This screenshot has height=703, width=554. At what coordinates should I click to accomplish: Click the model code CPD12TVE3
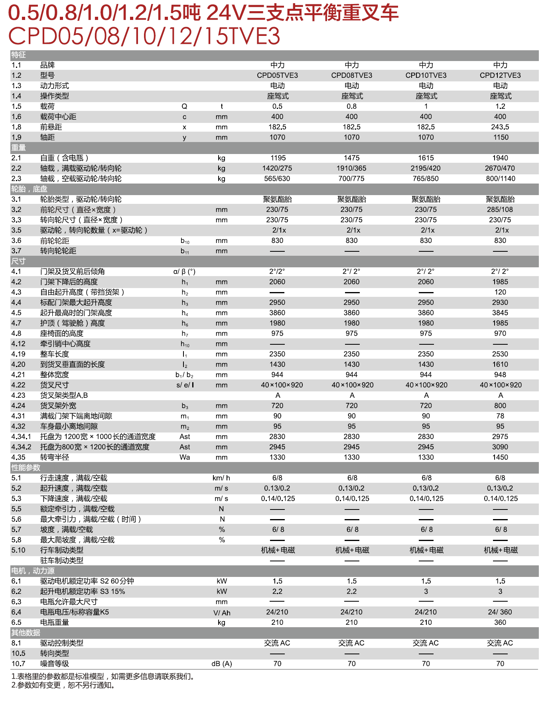(500, 75)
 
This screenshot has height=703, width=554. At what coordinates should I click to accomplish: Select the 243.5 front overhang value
(500, 127)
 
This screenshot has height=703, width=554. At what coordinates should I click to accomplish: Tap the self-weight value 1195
(278, 158)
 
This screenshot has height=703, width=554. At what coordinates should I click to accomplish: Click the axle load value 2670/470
(500, 168)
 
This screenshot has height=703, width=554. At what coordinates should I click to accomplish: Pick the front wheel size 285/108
(500, 209)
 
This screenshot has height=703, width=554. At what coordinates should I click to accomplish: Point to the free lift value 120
(500, 292)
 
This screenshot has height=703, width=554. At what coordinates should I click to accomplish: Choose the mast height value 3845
(500, 313)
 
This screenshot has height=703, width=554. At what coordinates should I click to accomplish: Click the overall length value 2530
(500, 354)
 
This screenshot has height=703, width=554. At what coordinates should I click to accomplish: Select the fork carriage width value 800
(500, 406)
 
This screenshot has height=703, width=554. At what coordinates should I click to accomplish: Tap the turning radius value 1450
(500, 457)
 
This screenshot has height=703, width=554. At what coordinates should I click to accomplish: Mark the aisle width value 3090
(500, 447)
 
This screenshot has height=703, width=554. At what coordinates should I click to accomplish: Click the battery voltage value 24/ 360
(500, 612)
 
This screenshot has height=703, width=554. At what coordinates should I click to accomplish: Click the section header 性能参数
(26, 468)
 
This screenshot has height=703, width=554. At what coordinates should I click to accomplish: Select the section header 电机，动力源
(33, 571)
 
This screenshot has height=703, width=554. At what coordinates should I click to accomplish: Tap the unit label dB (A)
(222, 664)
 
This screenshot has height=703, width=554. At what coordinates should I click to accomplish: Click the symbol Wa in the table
(185, 457)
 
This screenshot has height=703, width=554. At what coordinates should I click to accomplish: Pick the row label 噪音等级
(55, 664)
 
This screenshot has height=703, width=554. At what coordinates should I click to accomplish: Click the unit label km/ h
(221, 478)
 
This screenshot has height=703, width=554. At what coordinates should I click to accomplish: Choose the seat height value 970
(500, 334)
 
